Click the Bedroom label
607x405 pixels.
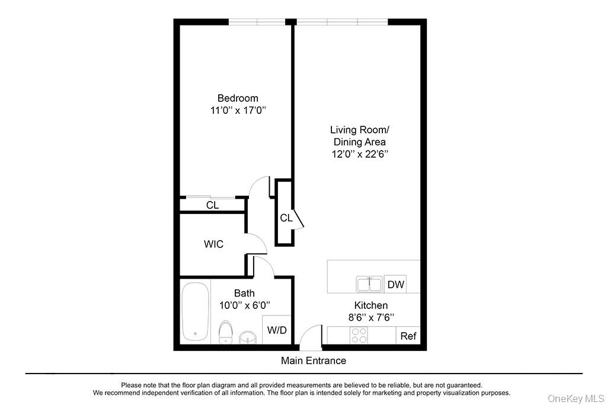point(238,98)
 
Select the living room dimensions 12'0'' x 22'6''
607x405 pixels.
point(359,154)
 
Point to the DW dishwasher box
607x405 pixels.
point(396,285)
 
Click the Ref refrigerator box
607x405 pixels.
point(408,336)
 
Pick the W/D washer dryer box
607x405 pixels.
point(277,330)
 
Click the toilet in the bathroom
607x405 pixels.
point(225,332)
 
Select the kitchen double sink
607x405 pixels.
point(370,285)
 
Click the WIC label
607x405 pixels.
point(213,244)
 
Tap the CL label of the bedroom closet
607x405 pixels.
point(212,205)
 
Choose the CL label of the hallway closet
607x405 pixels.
point(286,218)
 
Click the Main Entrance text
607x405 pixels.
point(313,361)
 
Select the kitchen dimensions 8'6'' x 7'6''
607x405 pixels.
point(371,317)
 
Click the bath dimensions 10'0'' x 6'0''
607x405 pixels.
point(244,305)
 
